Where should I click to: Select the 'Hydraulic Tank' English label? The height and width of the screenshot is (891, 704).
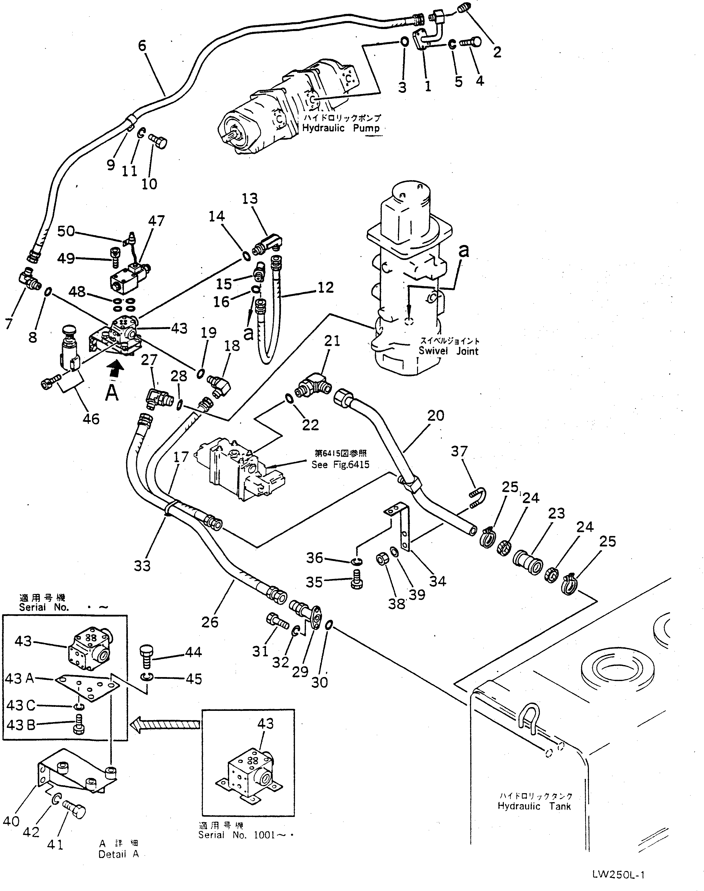coord(534,806)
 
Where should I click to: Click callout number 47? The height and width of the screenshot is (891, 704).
coord(157,221)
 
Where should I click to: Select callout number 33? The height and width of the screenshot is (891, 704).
coord(142,565)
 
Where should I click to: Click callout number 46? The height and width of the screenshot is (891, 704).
coord(91,419)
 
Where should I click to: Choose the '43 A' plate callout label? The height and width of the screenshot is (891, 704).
coord(19,678)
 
